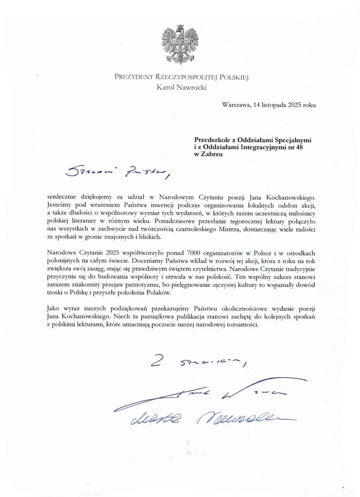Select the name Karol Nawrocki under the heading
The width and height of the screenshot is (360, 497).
pos(180,87)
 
